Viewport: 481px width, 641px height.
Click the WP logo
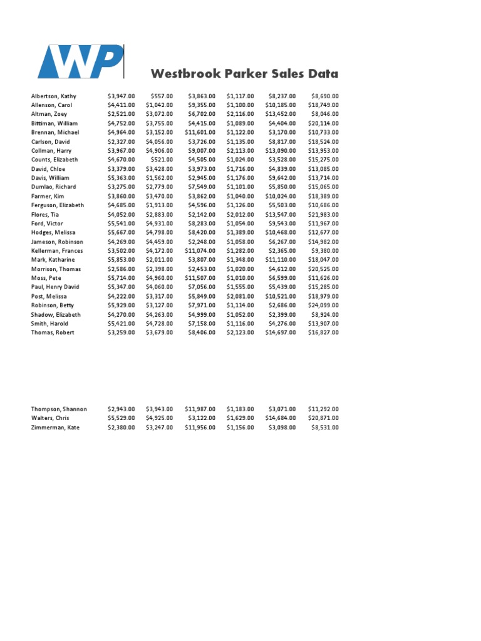(80, 61)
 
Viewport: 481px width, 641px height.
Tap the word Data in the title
(323, 74)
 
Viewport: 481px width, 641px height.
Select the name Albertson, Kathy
(54, 96)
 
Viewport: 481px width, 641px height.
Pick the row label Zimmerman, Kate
(55, 428)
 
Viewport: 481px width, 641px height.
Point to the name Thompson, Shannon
(59, 409)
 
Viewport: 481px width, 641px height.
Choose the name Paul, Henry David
(55, 287)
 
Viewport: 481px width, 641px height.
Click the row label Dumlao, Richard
(53, 187)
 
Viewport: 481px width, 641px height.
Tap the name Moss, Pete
(46, 278)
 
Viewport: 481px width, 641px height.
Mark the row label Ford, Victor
(47, 223)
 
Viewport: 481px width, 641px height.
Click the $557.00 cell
(161, 96)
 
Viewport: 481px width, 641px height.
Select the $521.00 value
(161, 160)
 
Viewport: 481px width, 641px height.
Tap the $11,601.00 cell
(200, 133)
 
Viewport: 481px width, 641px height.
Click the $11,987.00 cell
(200, 409)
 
